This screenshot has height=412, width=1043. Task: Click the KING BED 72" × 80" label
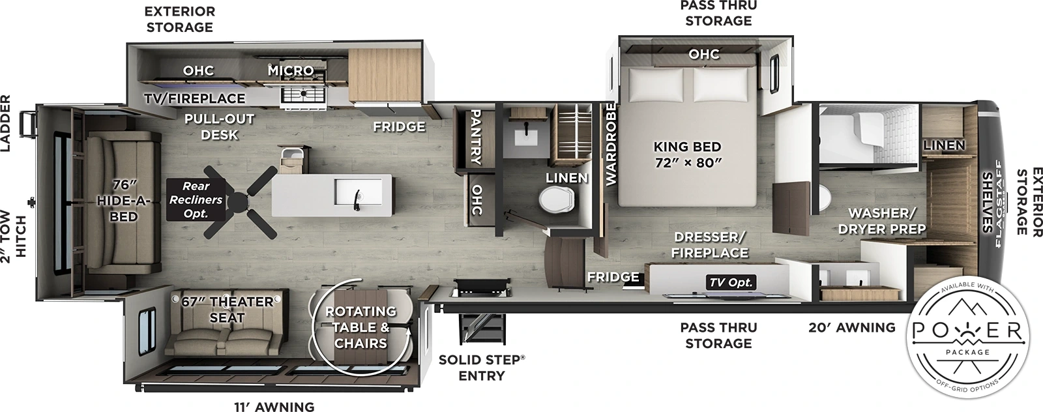pyautogui.click(x=687, y=154)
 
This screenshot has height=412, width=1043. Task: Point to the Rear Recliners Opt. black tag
pyautogui.click(x=196, y=199)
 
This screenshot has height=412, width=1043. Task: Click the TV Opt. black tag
pyautogui.click(x=730, y=282)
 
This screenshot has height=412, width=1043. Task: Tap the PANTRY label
pyautogui.click(x=475, y=136)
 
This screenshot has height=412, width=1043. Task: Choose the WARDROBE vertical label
pyautogui.click(x=611, y=144)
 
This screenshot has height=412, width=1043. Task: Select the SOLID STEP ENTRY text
pyautogui.click(x=481, y=368)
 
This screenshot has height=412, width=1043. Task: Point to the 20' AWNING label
pyautogui.click(x=851, y=327)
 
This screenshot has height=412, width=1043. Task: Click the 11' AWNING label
pyautogui.click(x=274, y=406)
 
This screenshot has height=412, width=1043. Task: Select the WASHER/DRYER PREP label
pyautogui.click(x=882, y=221)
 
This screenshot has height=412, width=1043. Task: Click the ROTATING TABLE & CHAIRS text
pyautogui.click(x=360, y=327)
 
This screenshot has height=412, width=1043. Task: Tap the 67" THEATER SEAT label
pyautogui.click(x=227, y=310)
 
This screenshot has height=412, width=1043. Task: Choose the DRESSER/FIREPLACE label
pyautogui.click(x=710, y=244)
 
